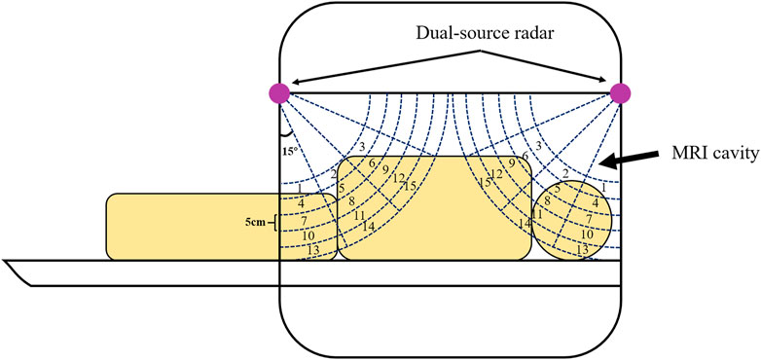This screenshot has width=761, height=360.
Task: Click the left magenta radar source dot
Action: pos(279,93)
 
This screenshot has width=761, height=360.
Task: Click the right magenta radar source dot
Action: pos(620,93)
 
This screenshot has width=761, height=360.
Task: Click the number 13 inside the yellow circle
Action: pos(582,250)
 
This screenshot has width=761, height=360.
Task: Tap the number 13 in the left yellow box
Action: pos(312,250)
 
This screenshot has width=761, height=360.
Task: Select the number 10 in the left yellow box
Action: pos(307,235)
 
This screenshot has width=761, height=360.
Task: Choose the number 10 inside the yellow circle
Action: pos(587,234)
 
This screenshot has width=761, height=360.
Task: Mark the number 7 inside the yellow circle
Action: pos(590,219)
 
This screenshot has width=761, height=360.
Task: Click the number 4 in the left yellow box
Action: pos(301,202)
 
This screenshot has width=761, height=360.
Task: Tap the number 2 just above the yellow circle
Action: pos(565,173)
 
